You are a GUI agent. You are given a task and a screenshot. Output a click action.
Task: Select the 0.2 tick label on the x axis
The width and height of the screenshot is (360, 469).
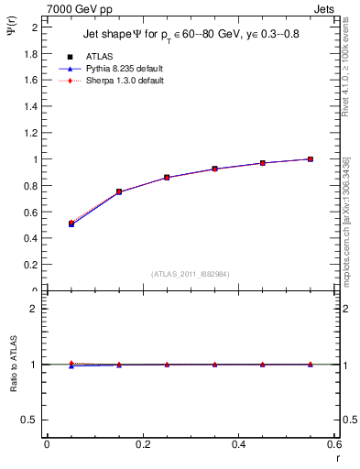click(x=142, y=444)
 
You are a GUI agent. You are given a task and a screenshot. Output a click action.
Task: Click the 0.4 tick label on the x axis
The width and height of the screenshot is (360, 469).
click(x=238, y=444)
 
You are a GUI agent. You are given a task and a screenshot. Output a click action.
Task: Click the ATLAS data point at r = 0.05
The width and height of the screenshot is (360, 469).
click(x=71, y=224)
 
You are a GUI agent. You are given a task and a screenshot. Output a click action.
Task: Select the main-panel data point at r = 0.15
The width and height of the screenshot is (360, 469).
click(x=119, y=192)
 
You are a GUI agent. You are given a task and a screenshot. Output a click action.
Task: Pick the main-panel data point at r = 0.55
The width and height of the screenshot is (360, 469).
click(x=311, y=159)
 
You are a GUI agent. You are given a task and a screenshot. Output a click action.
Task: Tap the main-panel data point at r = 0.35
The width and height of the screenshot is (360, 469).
click(x=215, y=169)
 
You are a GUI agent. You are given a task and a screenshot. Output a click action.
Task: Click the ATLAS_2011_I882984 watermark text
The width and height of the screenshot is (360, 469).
click(x=191, y=273)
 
